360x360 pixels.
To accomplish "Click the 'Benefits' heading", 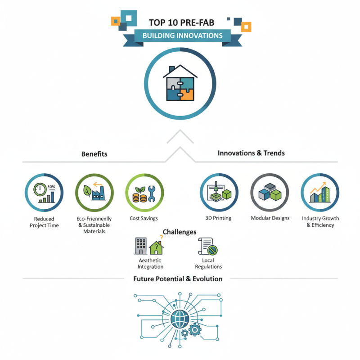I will coord(94,154).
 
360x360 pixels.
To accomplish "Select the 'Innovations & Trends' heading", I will coord(251,153).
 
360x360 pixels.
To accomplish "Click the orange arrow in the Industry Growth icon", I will coord(319,185).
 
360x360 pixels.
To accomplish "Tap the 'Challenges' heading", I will coord(179,232).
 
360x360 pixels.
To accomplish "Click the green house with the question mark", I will coord(156,247).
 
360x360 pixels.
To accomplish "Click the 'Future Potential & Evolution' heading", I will coord(178,279).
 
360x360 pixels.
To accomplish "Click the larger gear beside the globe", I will coord(195,330).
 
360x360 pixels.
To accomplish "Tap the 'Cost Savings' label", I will coord(144,218).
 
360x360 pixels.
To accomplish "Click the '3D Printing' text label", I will coord(218,218).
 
